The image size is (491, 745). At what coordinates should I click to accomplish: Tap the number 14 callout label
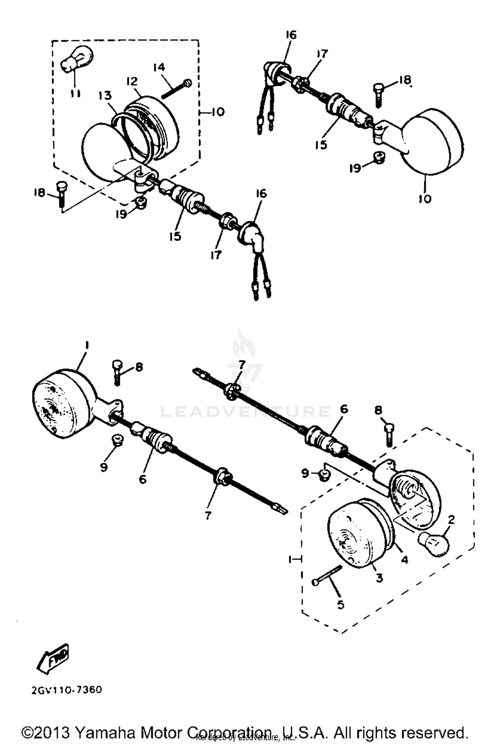point(159,67)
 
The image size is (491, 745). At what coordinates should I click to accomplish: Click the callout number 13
point(105,96)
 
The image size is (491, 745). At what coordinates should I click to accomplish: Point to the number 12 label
point(133,81)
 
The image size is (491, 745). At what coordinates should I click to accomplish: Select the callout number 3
point(379,578)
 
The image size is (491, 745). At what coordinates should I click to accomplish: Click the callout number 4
point(405,559)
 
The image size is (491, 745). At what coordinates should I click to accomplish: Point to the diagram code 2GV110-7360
point(67,690)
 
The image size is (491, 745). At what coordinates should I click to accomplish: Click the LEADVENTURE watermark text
point(245,411)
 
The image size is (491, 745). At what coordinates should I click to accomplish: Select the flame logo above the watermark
point(244,347)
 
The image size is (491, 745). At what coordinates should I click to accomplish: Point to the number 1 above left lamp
point(87,345)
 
